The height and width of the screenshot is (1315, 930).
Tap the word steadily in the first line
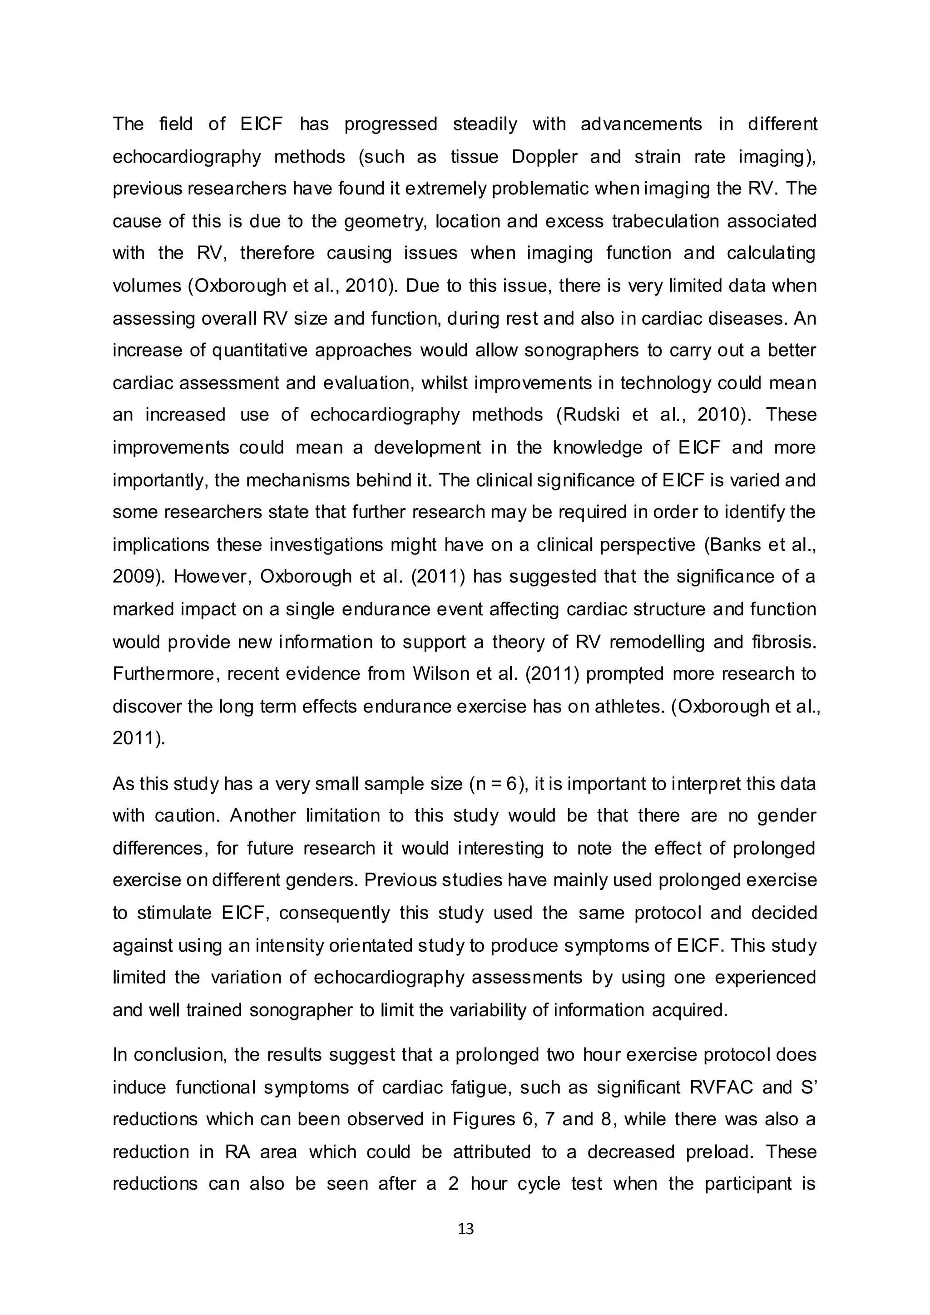point(485,124)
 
